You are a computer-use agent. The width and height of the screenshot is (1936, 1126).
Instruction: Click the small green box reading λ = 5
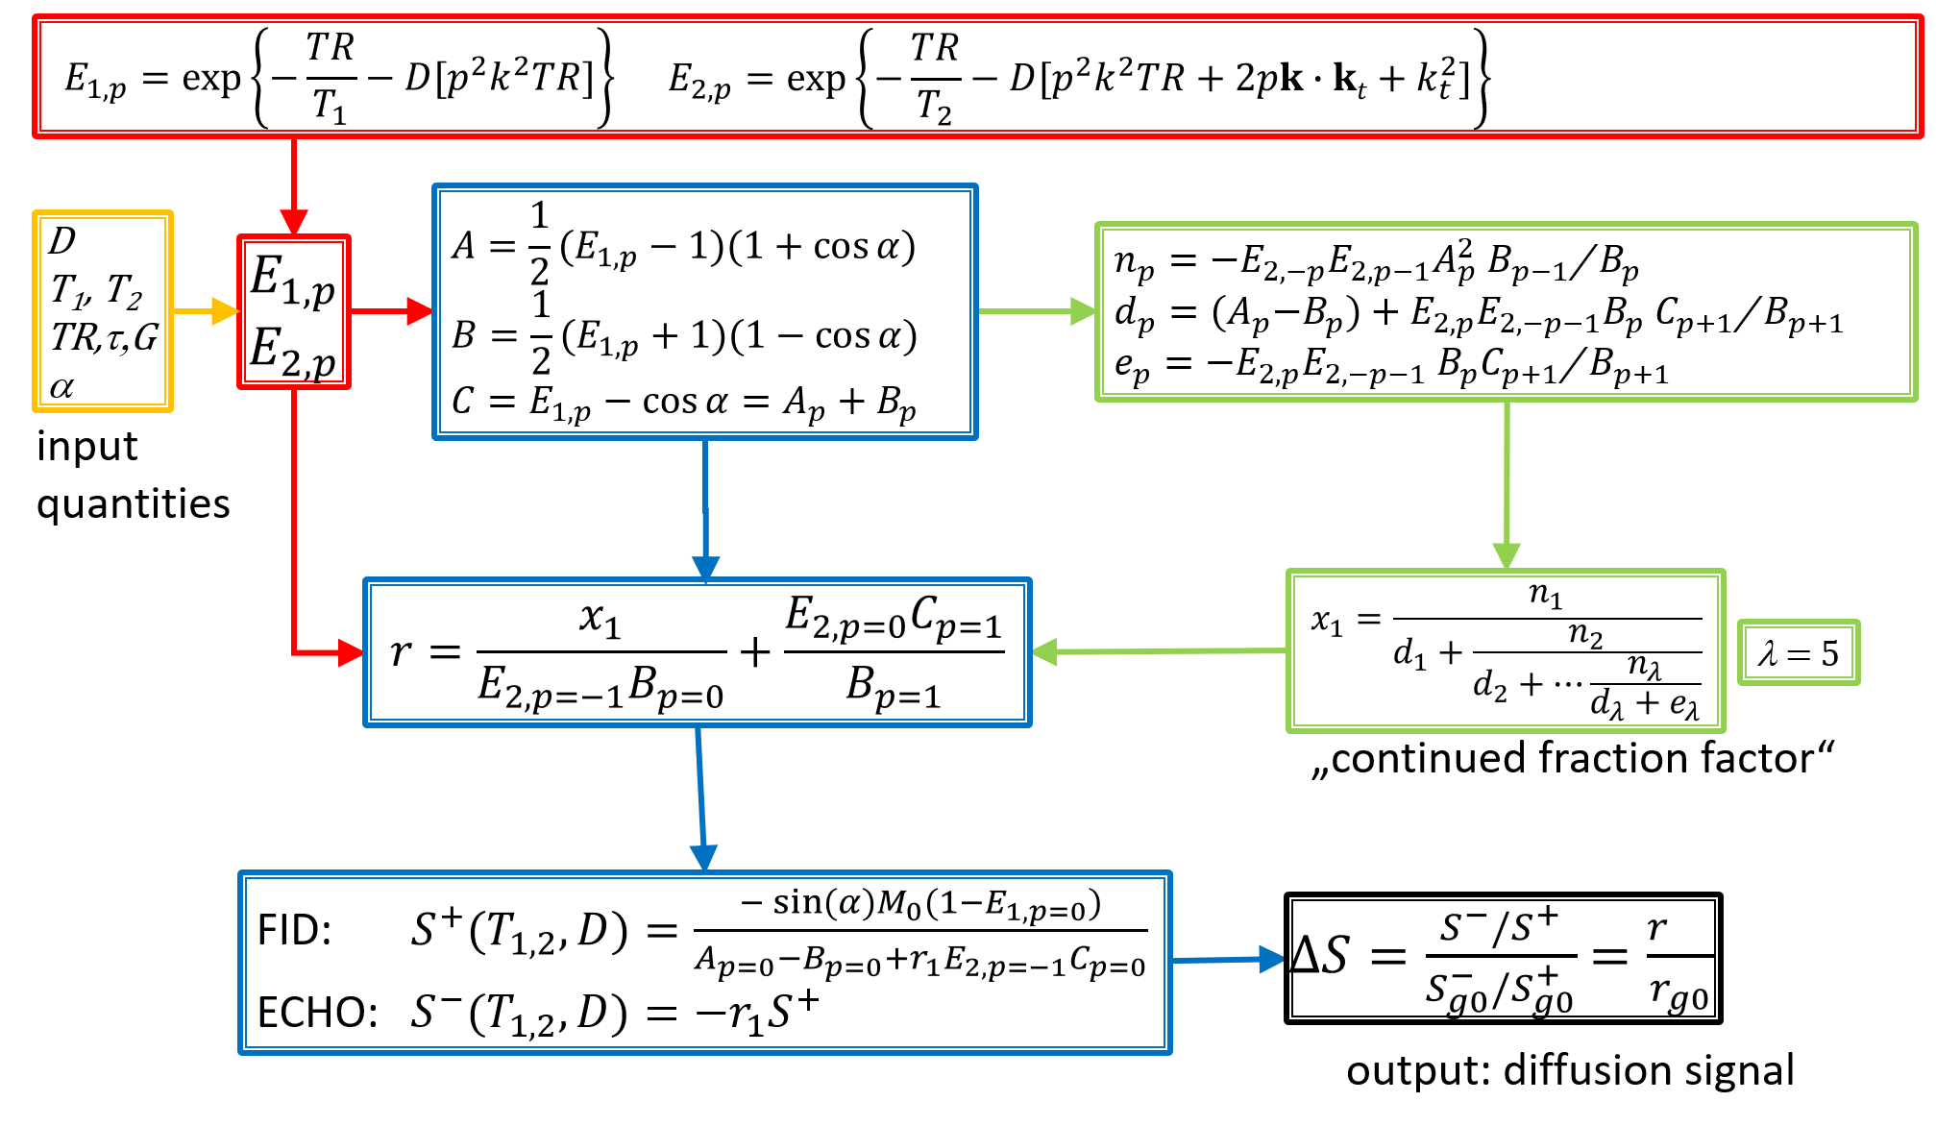1798,653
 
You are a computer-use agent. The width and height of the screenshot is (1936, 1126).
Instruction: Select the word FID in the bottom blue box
294,930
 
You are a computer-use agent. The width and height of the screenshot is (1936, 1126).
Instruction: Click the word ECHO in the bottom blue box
317,1012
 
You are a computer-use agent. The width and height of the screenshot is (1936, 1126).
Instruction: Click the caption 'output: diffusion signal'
1569,1070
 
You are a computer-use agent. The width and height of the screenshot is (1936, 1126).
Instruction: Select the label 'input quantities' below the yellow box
133,475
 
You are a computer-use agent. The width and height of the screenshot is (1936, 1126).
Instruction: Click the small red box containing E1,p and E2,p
294,312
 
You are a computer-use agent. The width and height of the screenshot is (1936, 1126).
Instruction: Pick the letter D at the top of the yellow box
62,240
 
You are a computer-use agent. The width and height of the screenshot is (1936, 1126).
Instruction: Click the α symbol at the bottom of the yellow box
61,387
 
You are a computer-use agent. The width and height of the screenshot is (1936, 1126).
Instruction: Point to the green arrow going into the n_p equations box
1036,311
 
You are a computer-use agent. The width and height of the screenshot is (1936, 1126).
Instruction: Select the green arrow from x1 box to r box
1159,651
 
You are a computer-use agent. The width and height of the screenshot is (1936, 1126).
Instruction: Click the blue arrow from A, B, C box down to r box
705,509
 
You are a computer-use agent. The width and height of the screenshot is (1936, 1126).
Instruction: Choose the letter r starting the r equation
402,651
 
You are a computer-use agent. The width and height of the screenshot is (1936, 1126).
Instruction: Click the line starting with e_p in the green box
1390,366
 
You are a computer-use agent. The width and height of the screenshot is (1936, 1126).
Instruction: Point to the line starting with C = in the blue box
683,402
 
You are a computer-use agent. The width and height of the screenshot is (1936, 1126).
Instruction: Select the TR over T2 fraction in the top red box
934,77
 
